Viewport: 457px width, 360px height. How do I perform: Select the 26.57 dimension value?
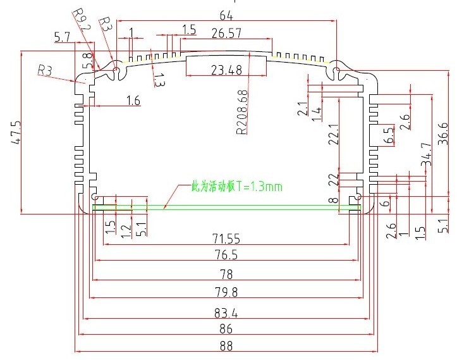[226, 32]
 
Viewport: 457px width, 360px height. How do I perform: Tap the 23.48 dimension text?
[226, 70]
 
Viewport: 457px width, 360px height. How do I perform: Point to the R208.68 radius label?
[241, 113]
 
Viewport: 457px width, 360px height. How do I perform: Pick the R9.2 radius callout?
[82, 20]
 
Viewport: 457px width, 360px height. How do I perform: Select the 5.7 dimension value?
[62, 38]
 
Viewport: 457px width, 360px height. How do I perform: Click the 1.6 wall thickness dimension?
[133, 99]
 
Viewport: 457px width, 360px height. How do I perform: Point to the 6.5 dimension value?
[389, 135]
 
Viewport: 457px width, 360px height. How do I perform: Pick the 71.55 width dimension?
[226, 239]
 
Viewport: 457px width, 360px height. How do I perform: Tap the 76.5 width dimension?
[226, 256]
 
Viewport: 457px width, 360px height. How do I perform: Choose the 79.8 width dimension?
[226, 292]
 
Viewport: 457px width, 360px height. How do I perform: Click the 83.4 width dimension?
[226, 310]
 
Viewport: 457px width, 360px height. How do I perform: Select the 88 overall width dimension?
[226, 346]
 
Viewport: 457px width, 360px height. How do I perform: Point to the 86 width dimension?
[226, 328]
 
